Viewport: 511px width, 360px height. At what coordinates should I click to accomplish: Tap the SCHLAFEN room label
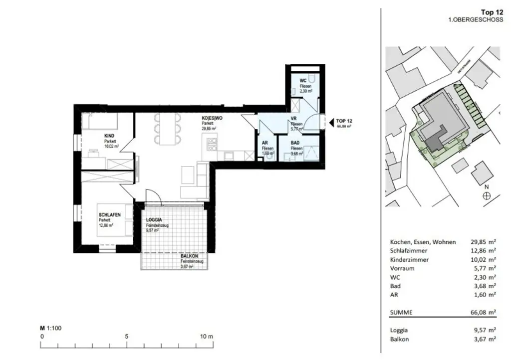tap(110, 214)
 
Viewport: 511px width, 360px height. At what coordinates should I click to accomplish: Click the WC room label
tap(303, 81)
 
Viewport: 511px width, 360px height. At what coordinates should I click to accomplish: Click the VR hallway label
tap(294, 119)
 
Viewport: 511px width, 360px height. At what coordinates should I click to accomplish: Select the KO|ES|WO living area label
tap(212, 118)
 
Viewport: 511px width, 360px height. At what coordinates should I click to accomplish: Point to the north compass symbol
tap(487, 196)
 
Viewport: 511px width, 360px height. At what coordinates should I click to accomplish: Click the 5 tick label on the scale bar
tap(127, 337)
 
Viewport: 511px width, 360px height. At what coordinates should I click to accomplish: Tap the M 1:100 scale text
tap(50, 328)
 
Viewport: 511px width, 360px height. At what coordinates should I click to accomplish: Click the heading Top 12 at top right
tap(491, 12)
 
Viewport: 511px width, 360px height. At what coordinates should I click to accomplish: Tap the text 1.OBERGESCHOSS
tap(476, 20)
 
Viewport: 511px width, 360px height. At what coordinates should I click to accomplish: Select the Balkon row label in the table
tap(399, 339)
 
